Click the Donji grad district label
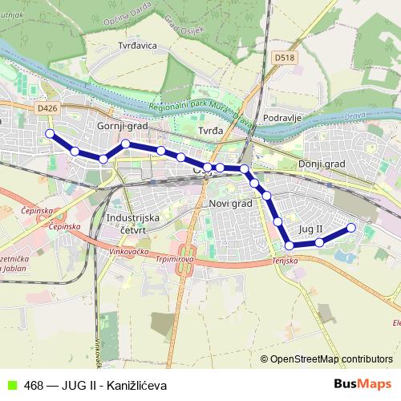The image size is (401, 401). click(x=321, y=164)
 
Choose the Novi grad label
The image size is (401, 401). click(x=230, y=204)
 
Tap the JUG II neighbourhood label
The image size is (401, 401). click(x=310, y=229)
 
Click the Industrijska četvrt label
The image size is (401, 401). click(x=133, y=223)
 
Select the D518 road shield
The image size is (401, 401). click(x=283, y=58)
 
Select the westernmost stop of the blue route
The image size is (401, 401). click(x=50, y=133)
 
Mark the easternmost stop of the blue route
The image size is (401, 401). click(x=350, y=228)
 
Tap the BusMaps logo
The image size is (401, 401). click(x=363, y=384)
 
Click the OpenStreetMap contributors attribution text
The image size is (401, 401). click(x=326, y=359)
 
